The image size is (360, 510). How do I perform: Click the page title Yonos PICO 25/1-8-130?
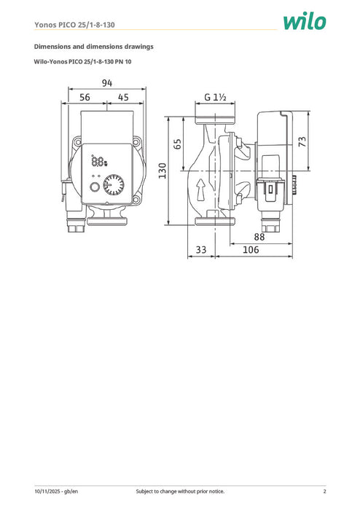[76, 23]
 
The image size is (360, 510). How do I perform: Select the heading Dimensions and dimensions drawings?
[94, 47]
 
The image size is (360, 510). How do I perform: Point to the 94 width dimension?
[107, 83]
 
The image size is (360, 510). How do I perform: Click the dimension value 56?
[85, 97]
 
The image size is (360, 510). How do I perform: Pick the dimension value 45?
[123, 97]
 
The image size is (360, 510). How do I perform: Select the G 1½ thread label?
[216, 97]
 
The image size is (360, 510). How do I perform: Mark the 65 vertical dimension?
[178, 144]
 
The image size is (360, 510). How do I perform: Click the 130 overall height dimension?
[164, 169]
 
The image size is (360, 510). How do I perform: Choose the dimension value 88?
[259, 236]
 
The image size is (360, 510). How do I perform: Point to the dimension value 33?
[202, 251]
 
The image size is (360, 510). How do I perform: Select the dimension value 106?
[251, 251]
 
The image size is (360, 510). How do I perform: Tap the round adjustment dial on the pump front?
[114, 185]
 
